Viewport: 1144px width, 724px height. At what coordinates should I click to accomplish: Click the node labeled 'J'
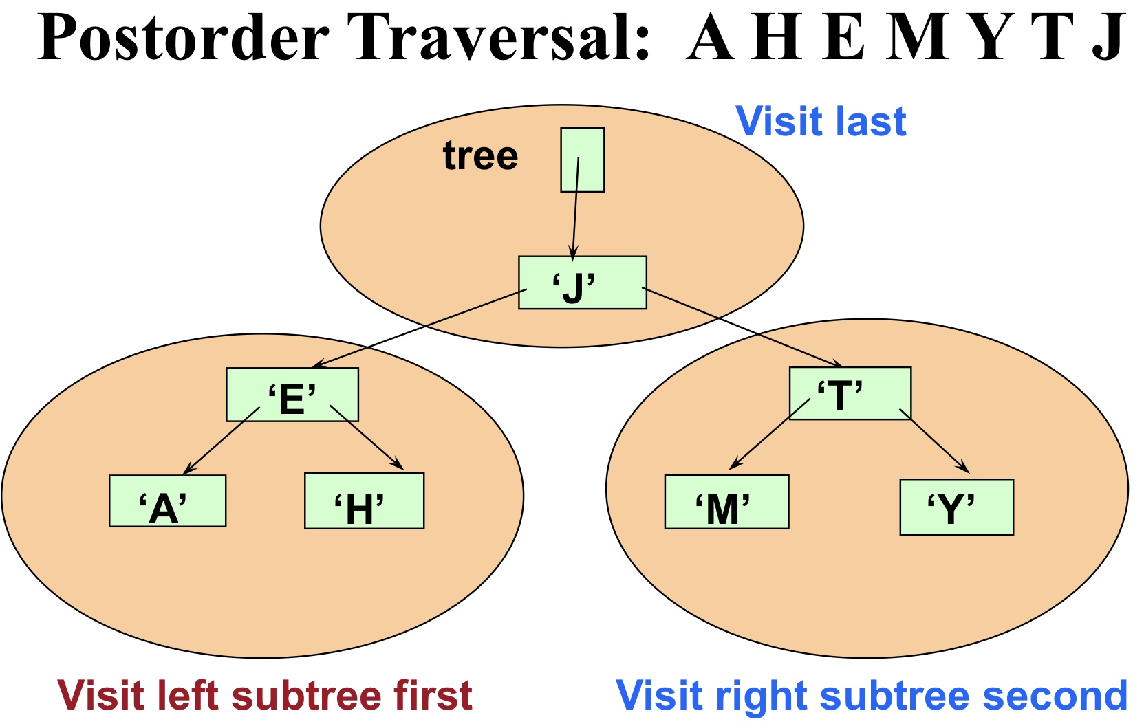(582, 283)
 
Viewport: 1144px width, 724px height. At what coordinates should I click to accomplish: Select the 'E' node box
(292, 395)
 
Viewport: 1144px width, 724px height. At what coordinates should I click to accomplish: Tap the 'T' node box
(850, 393)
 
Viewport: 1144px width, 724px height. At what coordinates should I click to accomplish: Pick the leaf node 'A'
(167, 501)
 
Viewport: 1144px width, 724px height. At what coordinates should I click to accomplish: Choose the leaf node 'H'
(364, 501)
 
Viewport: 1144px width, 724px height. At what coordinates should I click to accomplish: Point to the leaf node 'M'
(726, 502)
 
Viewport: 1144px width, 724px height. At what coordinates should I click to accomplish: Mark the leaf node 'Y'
(956, 507)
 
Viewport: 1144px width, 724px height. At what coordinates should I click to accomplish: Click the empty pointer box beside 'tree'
(582, 160)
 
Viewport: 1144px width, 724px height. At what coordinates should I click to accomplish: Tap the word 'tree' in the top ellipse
(480, 156)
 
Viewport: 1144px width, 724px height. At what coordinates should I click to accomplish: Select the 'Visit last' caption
(821, 122)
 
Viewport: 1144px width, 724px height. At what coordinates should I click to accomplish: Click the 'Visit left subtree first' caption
(265, 695)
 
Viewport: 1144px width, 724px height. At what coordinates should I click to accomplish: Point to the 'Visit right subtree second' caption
(871, 695)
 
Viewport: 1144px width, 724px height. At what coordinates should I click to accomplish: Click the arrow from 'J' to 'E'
(420, 328)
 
